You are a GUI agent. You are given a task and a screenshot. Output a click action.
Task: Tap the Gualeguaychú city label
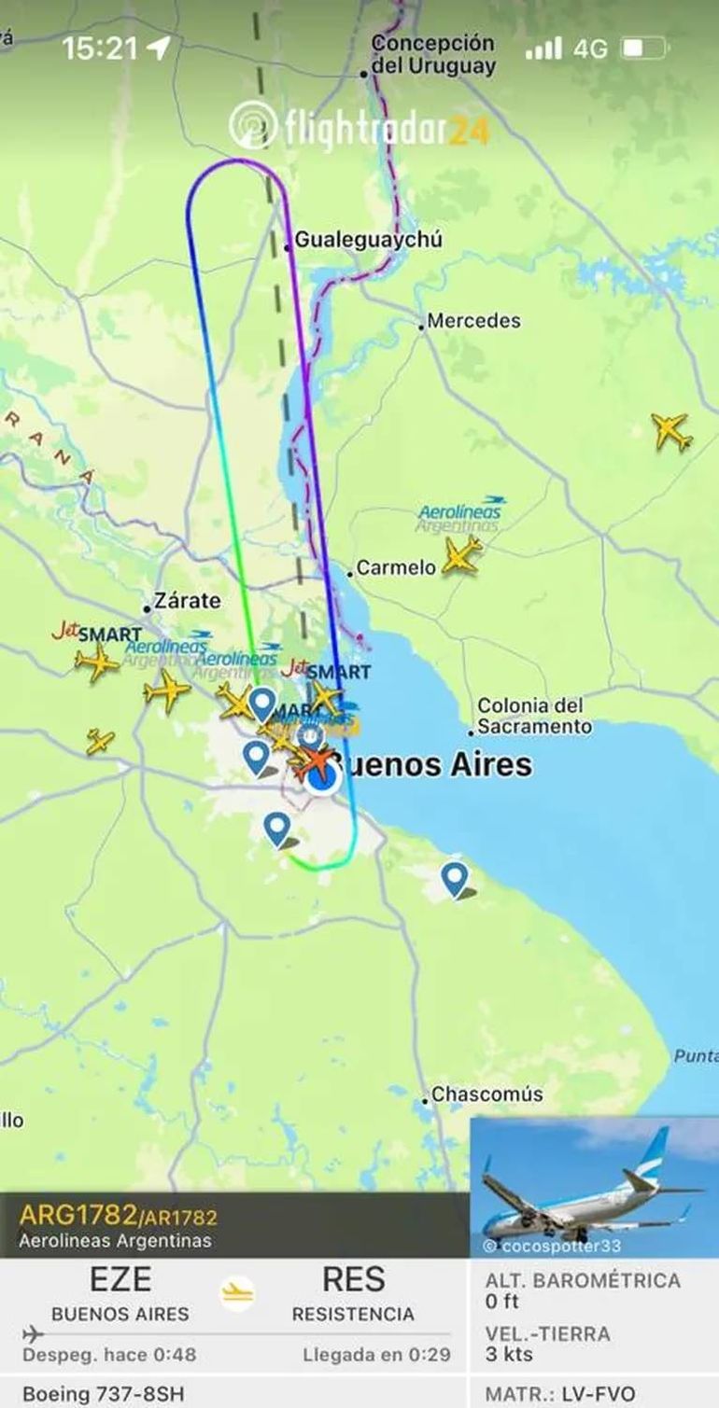(368, 240)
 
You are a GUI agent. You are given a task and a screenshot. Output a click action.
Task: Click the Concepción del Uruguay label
(432, 55)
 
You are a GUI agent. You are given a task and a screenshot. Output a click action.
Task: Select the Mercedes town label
(473, 321)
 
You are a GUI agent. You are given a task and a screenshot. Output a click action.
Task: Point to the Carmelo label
(396, 567)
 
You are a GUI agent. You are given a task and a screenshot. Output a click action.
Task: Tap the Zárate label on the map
(187, 601)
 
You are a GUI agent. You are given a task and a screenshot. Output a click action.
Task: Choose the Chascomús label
(486, 1094)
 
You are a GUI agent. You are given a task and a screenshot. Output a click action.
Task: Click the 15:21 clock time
(100, 49)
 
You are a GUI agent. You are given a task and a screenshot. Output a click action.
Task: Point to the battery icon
(644, 48)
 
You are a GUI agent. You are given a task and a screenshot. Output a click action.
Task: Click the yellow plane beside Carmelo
(460, 555)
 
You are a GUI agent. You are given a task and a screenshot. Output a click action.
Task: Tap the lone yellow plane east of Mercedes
(670, 431)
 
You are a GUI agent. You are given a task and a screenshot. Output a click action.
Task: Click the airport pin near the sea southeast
(455, 878)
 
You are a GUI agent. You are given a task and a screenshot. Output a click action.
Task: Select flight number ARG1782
(77, 1216)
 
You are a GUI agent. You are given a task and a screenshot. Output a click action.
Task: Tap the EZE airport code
(120, 1278)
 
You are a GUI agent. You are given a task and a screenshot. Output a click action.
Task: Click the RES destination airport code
(353, 1278)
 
